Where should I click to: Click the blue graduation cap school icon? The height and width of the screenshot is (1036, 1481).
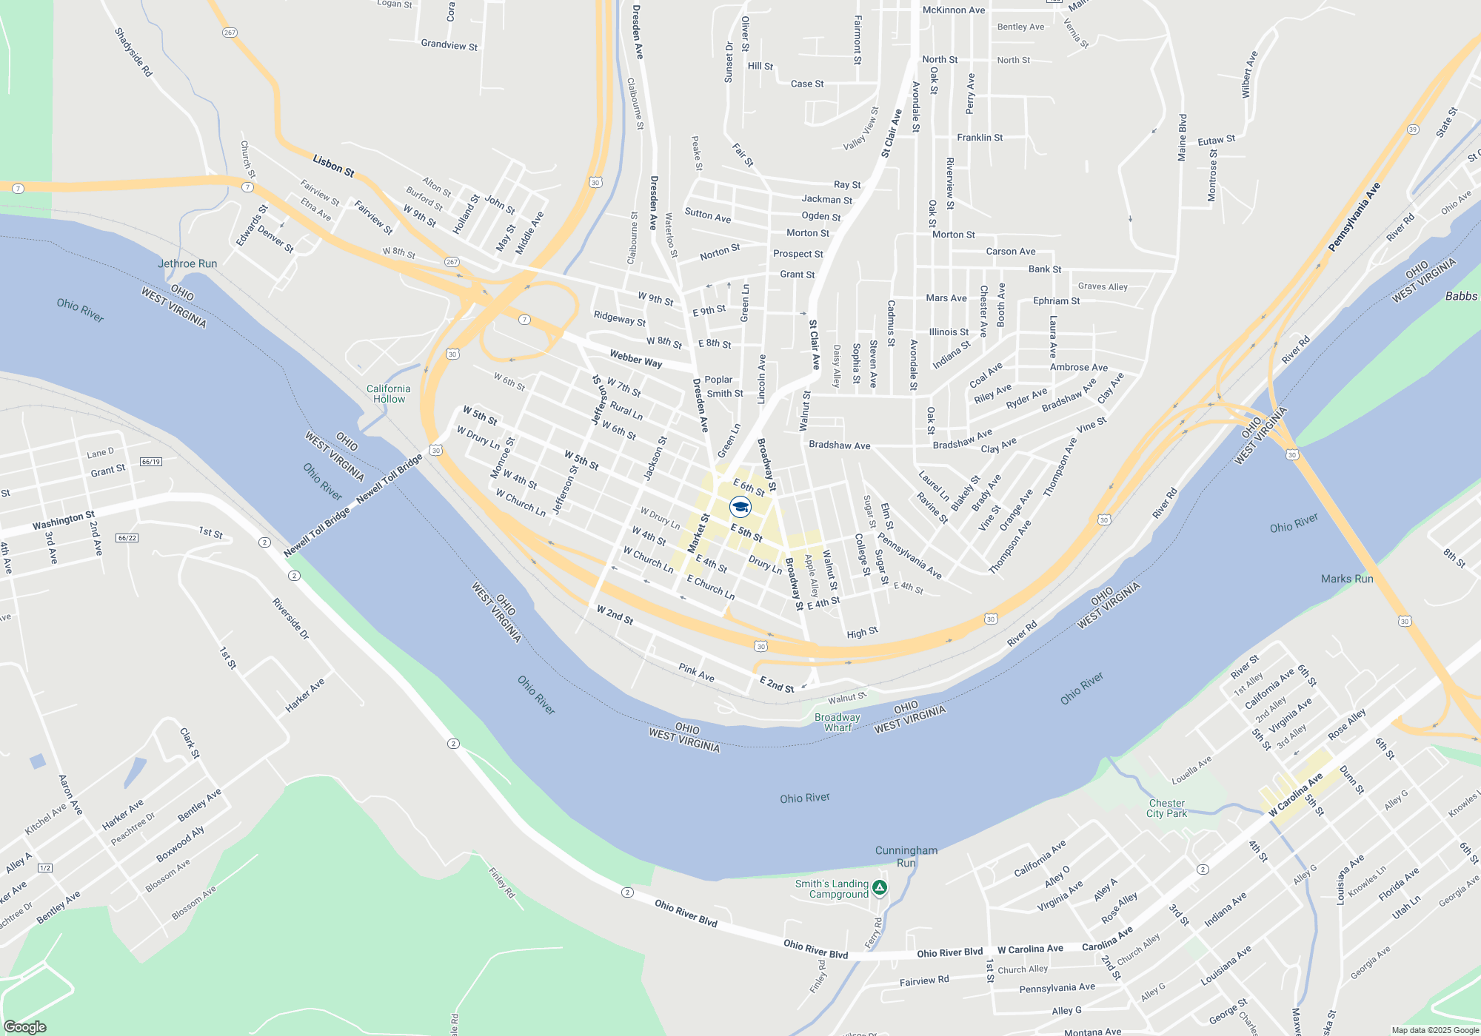(740, 507)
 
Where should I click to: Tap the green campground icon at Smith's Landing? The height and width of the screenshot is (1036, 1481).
(879, 887)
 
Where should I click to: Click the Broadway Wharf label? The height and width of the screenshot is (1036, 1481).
(838, 722)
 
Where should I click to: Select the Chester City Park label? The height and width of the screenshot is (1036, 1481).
(1166, 808)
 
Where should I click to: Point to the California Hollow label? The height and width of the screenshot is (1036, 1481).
(389, 394)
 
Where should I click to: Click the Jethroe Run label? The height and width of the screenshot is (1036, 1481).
(187, 263)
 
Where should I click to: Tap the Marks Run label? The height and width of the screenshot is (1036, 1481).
(1347, 579)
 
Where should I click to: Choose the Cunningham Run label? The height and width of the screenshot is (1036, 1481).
(906, 856)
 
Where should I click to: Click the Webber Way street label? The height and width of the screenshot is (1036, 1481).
(635, 359)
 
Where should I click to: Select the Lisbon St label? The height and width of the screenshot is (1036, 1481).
(333, 165)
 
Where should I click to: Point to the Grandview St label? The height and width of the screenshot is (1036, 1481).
(449, 45)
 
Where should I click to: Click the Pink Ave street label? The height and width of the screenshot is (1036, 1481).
(696, 672)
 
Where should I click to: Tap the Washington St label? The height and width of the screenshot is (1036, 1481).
(64, 520)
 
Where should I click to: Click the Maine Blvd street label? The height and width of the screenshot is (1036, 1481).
(1183, 138)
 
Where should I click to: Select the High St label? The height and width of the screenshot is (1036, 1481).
(862, 633)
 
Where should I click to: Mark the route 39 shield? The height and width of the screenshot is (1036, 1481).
(1413, 129)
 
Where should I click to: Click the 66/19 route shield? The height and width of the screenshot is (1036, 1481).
(151, 462)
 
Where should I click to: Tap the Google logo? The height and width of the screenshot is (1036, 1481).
(25, 1026)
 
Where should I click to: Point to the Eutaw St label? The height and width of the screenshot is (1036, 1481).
(1216, 140)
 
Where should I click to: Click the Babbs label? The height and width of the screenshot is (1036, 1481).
(1461, 296)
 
